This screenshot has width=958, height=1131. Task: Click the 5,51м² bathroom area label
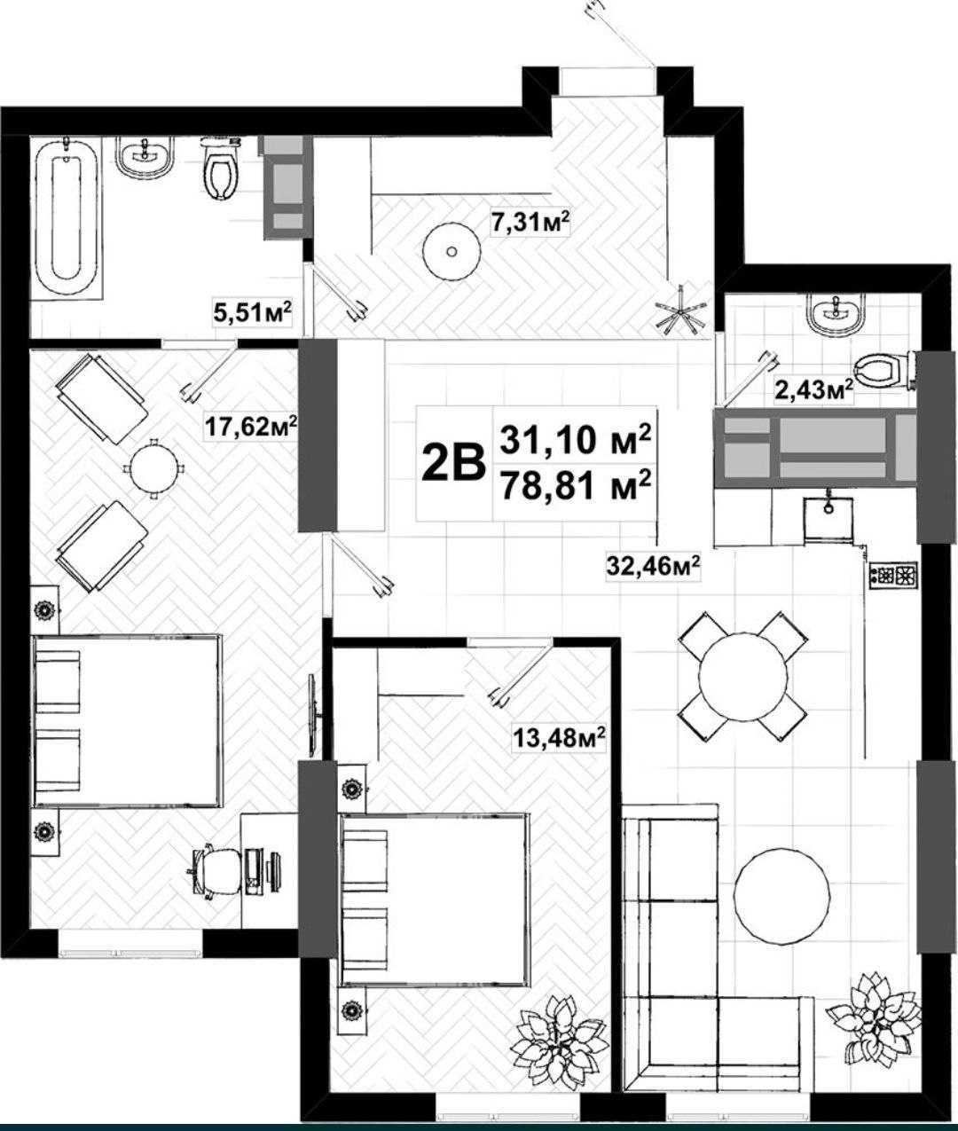pyautogui.click(x=252, y=313)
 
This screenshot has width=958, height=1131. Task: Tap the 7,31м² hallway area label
pyautogui.click(x=530, y=224)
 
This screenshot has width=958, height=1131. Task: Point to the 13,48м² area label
pyautogui.click(x=559, y=737)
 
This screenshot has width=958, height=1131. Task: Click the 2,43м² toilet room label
pyautogui.click(x=813, y=390)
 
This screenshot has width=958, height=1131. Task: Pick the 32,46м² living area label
pyautogui.click(x=653, y=567)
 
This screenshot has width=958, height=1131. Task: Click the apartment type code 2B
pyautogui.click(x=454, y=463)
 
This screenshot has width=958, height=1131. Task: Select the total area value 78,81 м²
pyautogui.click(x=576, y=485)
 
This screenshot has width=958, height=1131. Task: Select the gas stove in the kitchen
pyautogui.click(x=893, y=575)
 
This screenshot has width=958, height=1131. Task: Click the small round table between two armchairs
pyautogui.click(x=154, y=468)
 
